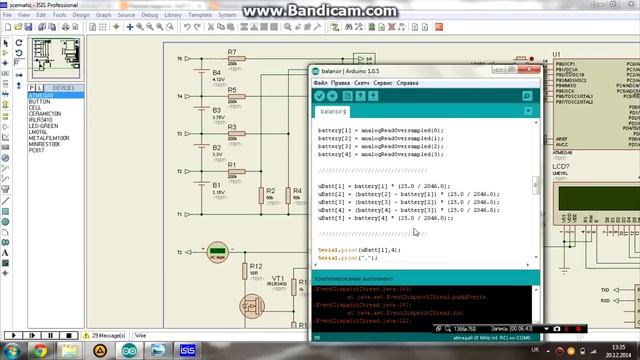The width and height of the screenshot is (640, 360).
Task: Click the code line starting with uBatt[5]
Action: click(385, 217)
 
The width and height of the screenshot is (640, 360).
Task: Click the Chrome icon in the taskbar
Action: click(40, 350)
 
